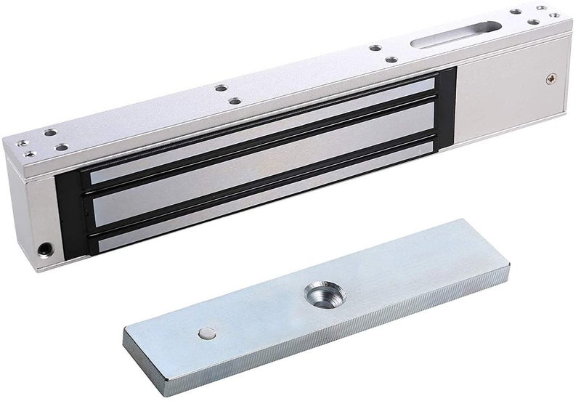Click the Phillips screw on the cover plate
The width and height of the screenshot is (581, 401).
click(x=550, y=78)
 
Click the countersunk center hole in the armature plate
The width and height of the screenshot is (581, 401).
click(x=319, y=293)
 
